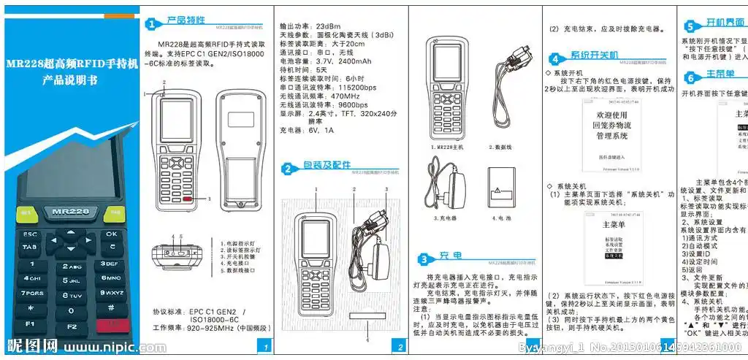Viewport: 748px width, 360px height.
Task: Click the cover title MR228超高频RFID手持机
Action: pos(71,64)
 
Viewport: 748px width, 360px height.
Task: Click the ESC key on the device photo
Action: pos(30,234)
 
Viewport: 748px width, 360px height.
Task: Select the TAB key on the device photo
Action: pos(29,248)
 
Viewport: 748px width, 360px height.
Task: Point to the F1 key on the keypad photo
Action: pos(30,323)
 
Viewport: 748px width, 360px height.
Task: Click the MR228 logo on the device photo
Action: pos(70,211)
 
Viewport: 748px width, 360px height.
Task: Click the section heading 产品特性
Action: pos(186,21)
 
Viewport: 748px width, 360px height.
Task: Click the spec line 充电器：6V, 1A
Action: pos(306,131)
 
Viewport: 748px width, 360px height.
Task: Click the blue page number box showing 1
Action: pos(267,346)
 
